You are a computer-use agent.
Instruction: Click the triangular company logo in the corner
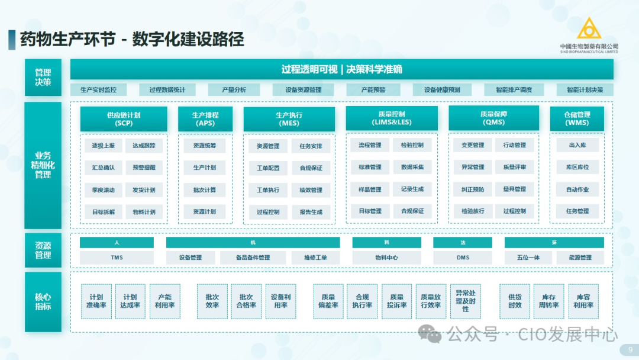(x=589, y=29)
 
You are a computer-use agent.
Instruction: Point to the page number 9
(x=630, y=349)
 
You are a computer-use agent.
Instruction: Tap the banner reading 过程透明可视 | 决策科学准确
(x=341, y=69)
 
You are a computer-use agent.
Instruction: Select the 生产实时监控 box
(x=98, y=90)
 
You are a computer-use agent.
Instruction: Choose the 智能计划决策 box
(x=585, y=90)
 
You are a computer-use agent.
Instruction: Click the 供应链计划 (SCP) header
(x=124, y=119)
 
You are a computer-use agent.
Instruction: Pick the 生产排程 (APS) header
(x=205, y=119)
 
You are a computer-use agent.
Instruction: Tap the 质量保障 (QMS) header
(x=493, y=118)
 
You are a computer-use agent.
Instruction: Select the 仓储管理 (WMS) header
(x=577, y=118)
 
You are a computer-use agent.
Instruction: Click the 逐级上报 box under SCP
(x=104, y=145)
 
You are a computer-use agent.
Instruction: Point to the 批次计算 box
(x=205, y=190)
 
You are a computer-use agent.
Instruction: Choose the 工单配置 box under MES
(x=268, y=168)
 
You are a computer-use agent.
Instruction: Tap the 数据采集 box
(x=412, y=168)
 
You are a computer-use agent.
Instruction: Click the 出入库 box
(x=577, y=145)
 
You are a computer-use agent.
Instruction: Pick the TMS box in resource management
(x=117, y=258)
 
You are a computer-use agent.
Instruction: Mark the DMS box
(x=463, y=258)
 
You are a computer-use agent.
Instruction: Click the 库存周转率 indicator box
(x=549, y=301)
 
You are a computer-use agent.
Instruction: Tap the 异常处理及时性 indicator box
(x=466, y=301)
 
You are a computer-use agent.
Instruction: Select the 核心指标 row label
(x=43, y=301)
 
